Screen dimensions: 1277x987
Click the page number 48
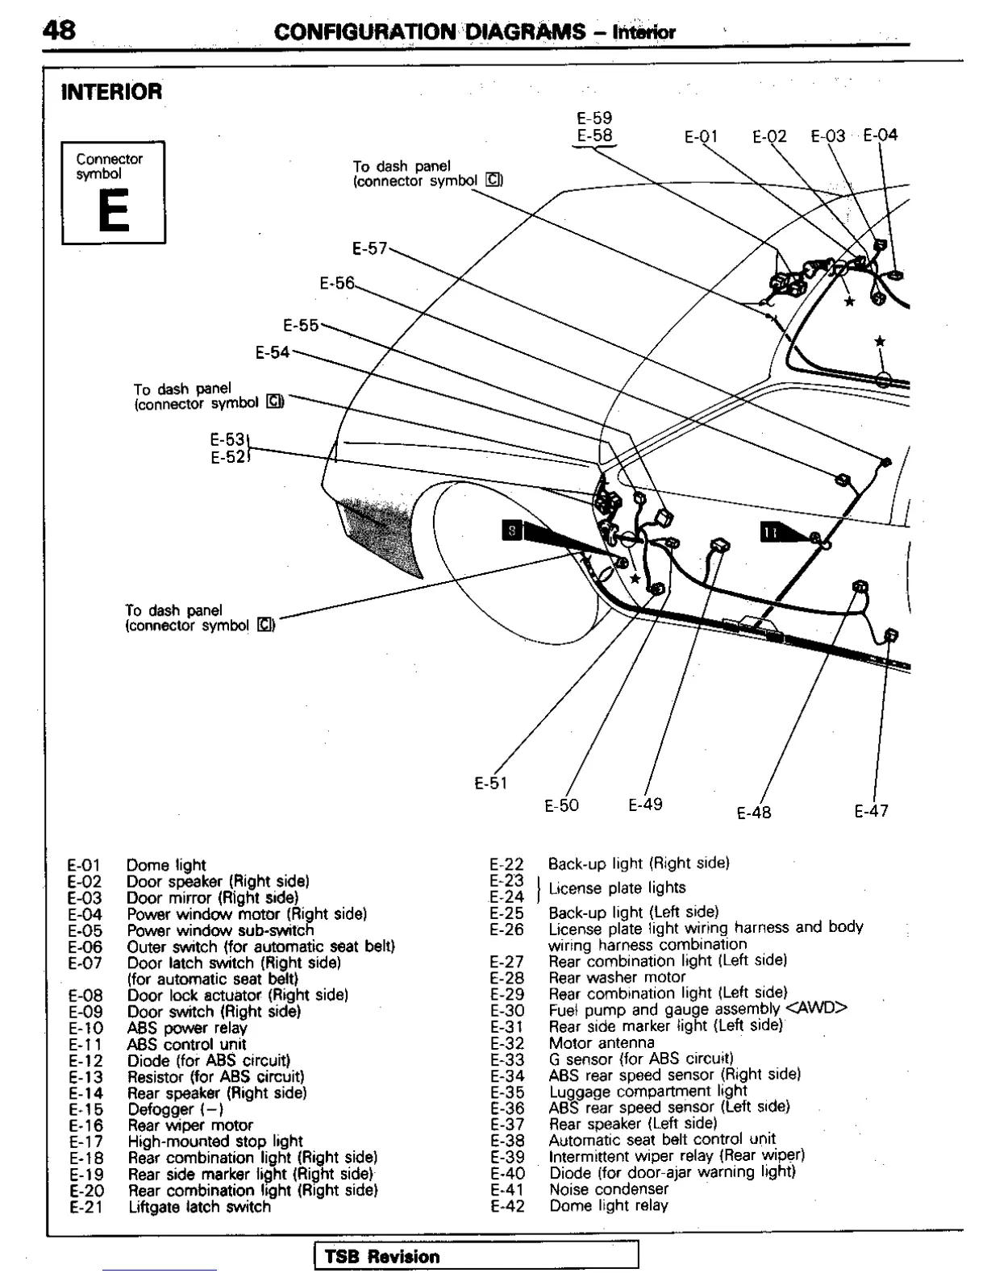point(59,30)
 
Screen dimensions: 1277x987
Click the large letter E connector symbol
point(114,213)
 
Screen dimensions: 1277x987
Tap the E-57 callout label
point(370,248)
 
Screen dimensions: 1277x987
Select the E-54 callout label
point(273,352)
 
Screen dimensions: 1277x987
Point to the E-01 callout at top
point(701,136)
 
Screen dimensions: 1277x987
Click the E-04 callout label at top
point(880,135)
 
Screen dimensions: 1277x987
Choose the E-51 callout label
point(491,783)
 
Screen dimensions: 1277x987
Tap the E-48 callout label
point(754,812)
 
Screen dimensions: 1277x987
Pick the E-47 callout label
point(872,811)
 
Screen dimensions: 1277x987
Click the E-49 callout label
point(645,805)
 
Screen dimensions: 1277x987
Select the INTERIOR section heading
point(112,92)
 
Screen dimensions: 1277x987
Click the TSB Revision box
point(476,1256)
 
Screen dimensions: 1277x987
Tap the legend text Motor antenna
point(602,1042)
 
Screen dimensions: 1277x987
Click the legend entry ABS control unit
point(186,1044)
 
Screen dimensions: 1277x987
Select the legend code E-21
point(85,1207)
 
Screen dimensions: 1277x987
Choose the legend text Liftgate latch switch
point(199,1207)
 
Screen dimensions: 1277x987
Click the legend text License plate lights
point(617,888)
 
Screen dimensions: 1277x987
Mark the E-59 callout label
point(594,118)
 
